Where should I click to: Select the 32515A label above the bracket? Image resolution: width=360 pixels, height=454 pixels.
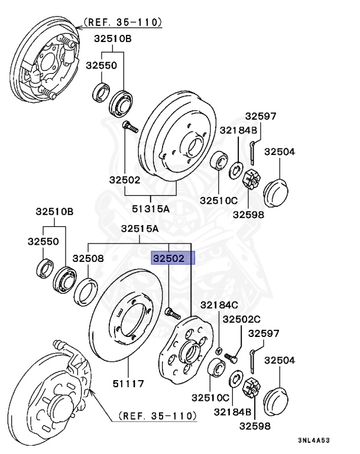(x=140, y=229)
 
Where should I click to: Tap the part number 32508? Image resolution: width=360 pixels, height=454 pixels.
(x=88, y=258)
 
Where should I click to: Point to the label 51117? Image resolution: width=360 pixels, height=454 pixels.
(x=128, y=384)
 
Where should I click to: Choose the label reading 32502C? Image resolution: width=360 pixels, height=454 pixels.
(x=241, y=319)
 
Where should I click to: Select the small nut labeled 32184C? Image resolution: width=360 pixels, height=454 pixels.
(x=218, y=351)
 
